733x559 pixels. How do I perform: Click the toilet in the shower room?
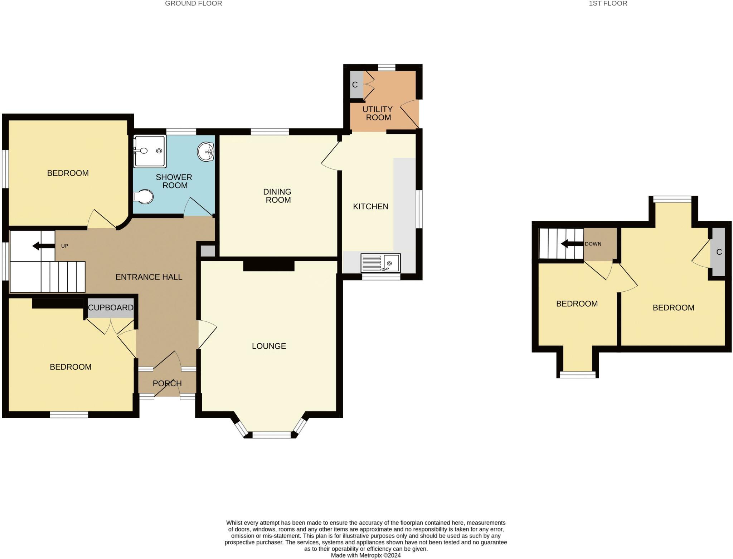pyautogui.click(x=144, y=197)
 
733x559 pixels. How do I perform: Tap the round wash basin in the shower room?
pyautogui.click(x=206, y=152)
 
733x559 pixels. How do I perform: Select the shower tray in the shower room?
pyautogui.click(x=150, y=151)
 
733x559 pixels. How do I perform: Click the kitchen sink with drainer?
pyautogui.click(x=380, y=263)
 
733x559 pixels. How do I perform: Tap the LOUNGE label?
pyautogui.click(x=269, y=346)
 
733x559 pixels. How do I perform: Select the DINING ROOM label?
pyautogui.click(x=277, y=196)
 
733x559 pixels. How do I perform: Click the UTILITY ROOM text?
pyautogui.click(x=378, y=113)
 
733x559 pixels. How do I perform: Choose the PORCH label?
pyautogui.click(x=167, y=383)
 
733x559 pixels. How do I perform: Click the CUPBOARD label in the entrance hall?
pyautogui.click(x=111, y=307)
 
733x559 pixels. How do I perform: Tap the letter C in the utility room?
pyautogui.click(x=355, y=85)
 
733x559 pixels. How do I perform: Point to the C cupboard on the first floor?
pyautogui.click(x=719, y=252)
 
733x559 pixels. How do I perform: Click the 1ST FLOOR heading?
pyautogui.click(x=608, y=4)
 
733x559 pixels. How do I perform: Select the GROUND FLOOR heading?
pyautogui.click(x=193, y=4)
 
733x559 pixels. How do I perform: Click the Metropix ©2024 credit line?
pyautogui.click(x=365, y=555)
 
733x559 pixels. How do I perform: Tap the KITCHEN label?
pyautogui.click(x=370, y=206)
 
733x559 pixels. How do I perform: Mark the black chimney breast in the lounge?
pyautogui.click(x=269, y=266)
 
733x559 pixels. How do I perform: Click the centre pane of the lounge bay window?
pyautogui.click(x=272, y=435)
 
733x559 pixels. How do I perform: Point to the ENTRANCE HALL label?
pyautogui.click(x=149, y=277)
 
